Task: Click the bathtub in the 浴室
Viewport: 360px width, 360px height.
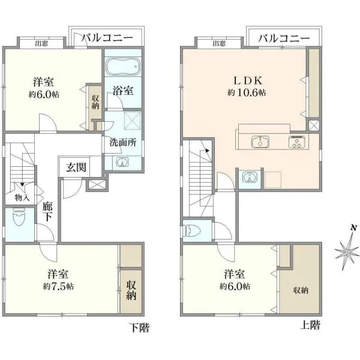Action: click(123, 66)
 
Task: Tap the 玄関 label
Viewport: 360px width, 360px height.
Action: click(76, 167)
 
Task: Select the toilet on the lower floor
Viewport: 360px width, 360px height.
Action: click(19, 217)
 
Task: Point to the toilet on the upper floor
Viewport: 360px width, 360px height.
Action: click(191, 230)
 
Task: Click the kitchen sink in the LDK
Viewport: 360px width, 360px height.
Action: click(260, 142)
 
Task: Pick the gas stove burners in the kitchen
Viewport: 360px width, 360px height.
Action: click(297, 142)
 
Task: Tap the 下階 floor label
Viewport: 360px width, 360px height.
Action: click(140, 328)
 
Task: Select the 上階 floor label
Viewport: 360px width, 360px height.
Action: click(310, 325)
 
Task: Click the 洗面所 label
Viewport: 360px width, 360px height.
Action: click(123, 143)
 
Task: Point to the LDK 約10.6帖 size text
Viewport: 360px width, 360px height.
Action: click(247, 93)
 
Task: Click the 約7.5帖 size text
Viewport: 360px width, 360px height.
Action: click(59, 286)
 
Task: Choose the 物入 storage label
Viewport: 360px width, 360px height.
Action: click(22, 197)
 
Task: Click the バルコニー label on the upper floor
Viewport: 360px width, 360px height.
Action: click(284, 38)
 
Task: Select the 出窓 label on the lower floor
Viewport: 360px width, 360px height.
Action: click(41, 43)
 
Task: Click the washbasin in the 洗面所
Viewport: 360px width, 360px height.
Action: click(122, 162)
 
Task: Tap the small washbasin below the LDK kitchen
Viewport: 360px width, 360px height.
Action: click(250, 178)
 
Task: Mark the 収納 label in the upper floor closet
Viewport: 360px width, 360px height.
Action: click(301, 290)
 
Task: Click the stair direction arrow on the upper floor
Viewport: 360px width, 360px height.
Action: click(208, 151)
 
